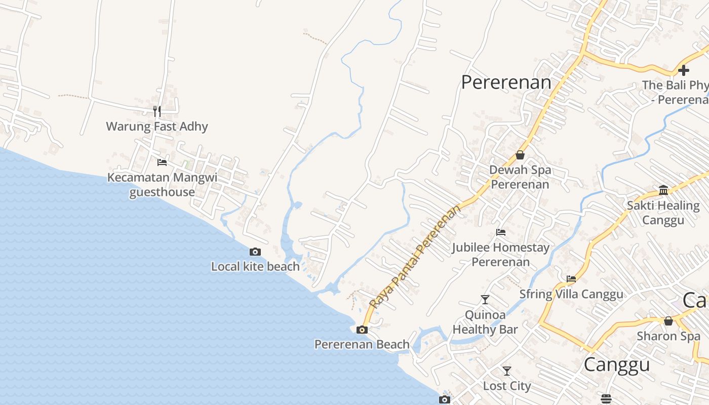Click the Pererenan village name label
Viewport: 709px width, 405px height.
tap(506, 82)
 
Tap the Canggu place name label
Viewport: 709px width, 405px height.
tap(616, 364)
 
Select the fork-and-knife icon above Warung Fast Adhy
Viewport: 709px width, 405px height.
tap(157, 111)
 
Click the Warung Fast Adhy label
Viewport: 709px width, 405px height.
tap(157, 126)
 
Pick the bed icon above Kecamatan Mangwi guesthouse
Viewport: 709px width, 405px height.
tap(162, 163)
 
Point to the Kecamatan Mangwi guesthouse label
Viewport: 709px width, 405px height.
tap(162, 185)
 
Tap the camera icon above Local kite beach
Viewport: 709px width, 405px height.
tap(255, 252)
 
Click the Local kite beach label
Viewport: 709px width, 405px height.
tap(255, 266)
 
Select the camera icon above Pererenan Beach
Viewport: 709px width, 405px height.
tap(362, 330)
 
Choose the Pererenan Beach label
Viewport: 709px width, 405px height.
tap(362, 344)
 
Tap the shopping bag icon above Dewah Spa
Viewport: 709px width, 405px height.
tap(520, 155)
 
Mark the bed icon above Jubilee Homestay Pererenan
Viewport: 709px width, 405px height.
tap(501, 232)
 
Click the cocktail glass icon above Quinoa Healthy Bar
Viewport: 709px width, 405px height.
tap(485, 300)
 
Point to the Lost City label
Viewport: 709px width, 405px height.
tap(507, 386)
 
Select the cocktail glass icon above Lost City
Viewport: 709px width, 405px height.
tap(507, 371)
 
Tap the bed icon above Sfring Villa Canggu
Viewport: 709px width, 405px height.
tap(571, 279)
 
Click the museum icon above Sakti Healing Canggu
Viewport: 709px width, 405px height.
tap(663, 190)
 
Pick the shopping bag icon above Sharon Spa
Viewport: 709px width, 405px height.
tap(668, 321)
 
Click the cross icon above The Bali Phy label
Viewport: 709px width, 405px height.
tap(684, 70)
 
